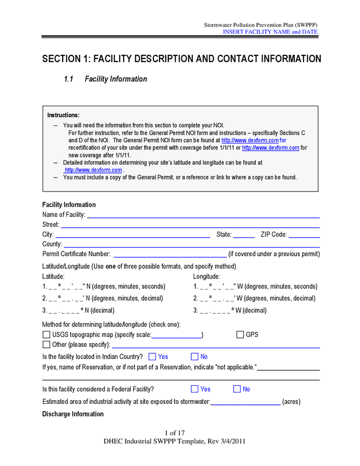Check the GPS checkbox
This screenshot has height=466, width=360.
pos(240,334)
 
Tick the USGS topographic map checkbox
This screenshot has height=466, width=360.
pos(47,335)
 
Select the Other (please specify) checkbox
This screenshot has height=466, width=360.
pos(47,344)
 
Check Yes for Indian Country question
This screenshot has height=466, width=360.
pos(152,357)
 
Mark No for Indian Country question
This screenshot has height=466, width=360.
pos(195,357)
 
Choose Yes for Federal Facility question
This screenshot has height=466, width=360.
pos(195,389)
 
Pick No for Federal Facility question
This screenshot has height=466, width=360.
pos(237,389)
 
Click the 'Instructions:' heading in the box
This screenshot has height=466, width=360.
pos(63,115)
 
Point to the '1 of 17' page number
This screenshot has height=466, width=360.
pos(175,433)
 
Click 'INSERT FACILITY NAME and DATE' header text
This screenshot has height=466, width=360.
pos(270,32)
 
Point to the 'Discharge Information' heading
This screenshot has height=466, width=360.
pos(73,414)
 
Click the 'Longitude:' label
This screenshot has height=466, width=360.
pos(207,276)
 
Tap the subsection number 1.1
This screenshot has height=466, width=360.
pos(69,79)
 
